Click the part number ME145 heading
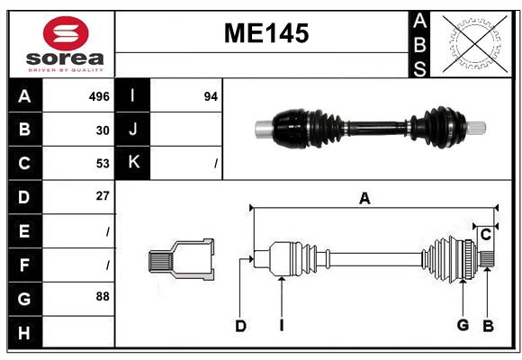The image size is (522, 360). click(265, 34)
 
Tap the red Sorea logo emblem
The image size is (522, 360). click(66, 34)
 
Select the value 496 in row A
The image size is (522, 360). click(99, 96)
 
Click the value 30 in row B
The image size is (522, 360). click(103, 130)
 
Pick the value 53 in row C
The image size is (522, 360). click(103, 164)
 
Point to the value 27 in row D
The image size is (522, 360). click(103, 196)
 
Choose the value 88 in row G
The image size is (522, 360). click(103, 296)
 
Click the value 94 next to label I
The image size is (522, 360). click(211, 96)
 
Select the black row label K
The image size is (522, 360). click(133, 164)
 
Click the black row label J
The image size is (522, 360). click(133, 130)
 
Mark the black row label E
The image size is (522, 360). click(24, 230)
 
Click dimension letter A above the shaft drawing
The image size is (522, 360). click(364, 199)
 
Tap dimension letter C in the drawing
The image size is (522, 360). click(485, 235)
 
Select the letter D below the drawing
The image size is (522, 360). click(240, 326)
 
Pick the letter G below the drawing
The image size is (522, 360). click(463, 325)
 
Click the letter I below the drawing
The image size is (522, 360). click(281, 326)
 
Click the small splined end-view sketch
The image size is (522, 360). click(181, 261)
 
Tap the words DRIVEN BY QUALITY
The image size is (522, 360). click(66, 68)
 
